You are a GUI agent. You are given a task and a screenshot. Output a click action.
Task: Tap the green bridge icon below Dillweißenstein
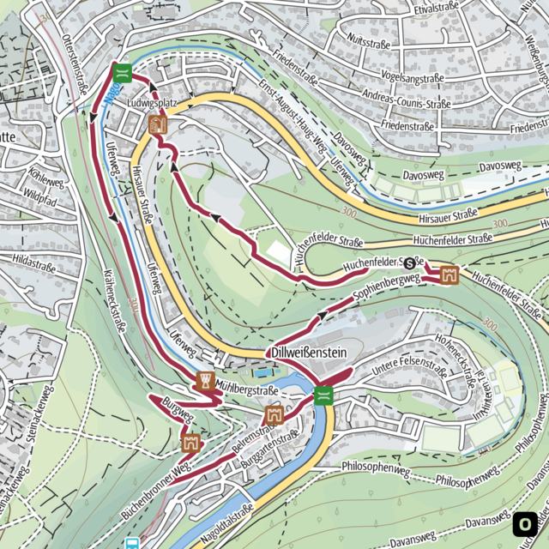click(323, 395)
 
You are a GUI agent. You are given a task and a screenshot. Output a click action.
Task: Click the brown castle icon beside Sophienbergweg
click(449, 275)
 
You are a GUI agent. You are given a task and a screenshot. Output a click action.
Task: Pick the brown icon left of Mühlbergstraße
click(205, 381)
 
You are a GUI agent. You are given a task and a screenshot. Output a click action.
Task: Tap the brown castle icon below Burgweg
click(190, 443)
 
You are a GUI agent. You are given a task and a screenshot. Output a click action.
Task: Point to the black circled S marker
click(410, 262)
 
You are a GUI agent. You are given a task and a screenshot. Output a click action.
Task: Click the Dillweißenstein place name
click(310, 353)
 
